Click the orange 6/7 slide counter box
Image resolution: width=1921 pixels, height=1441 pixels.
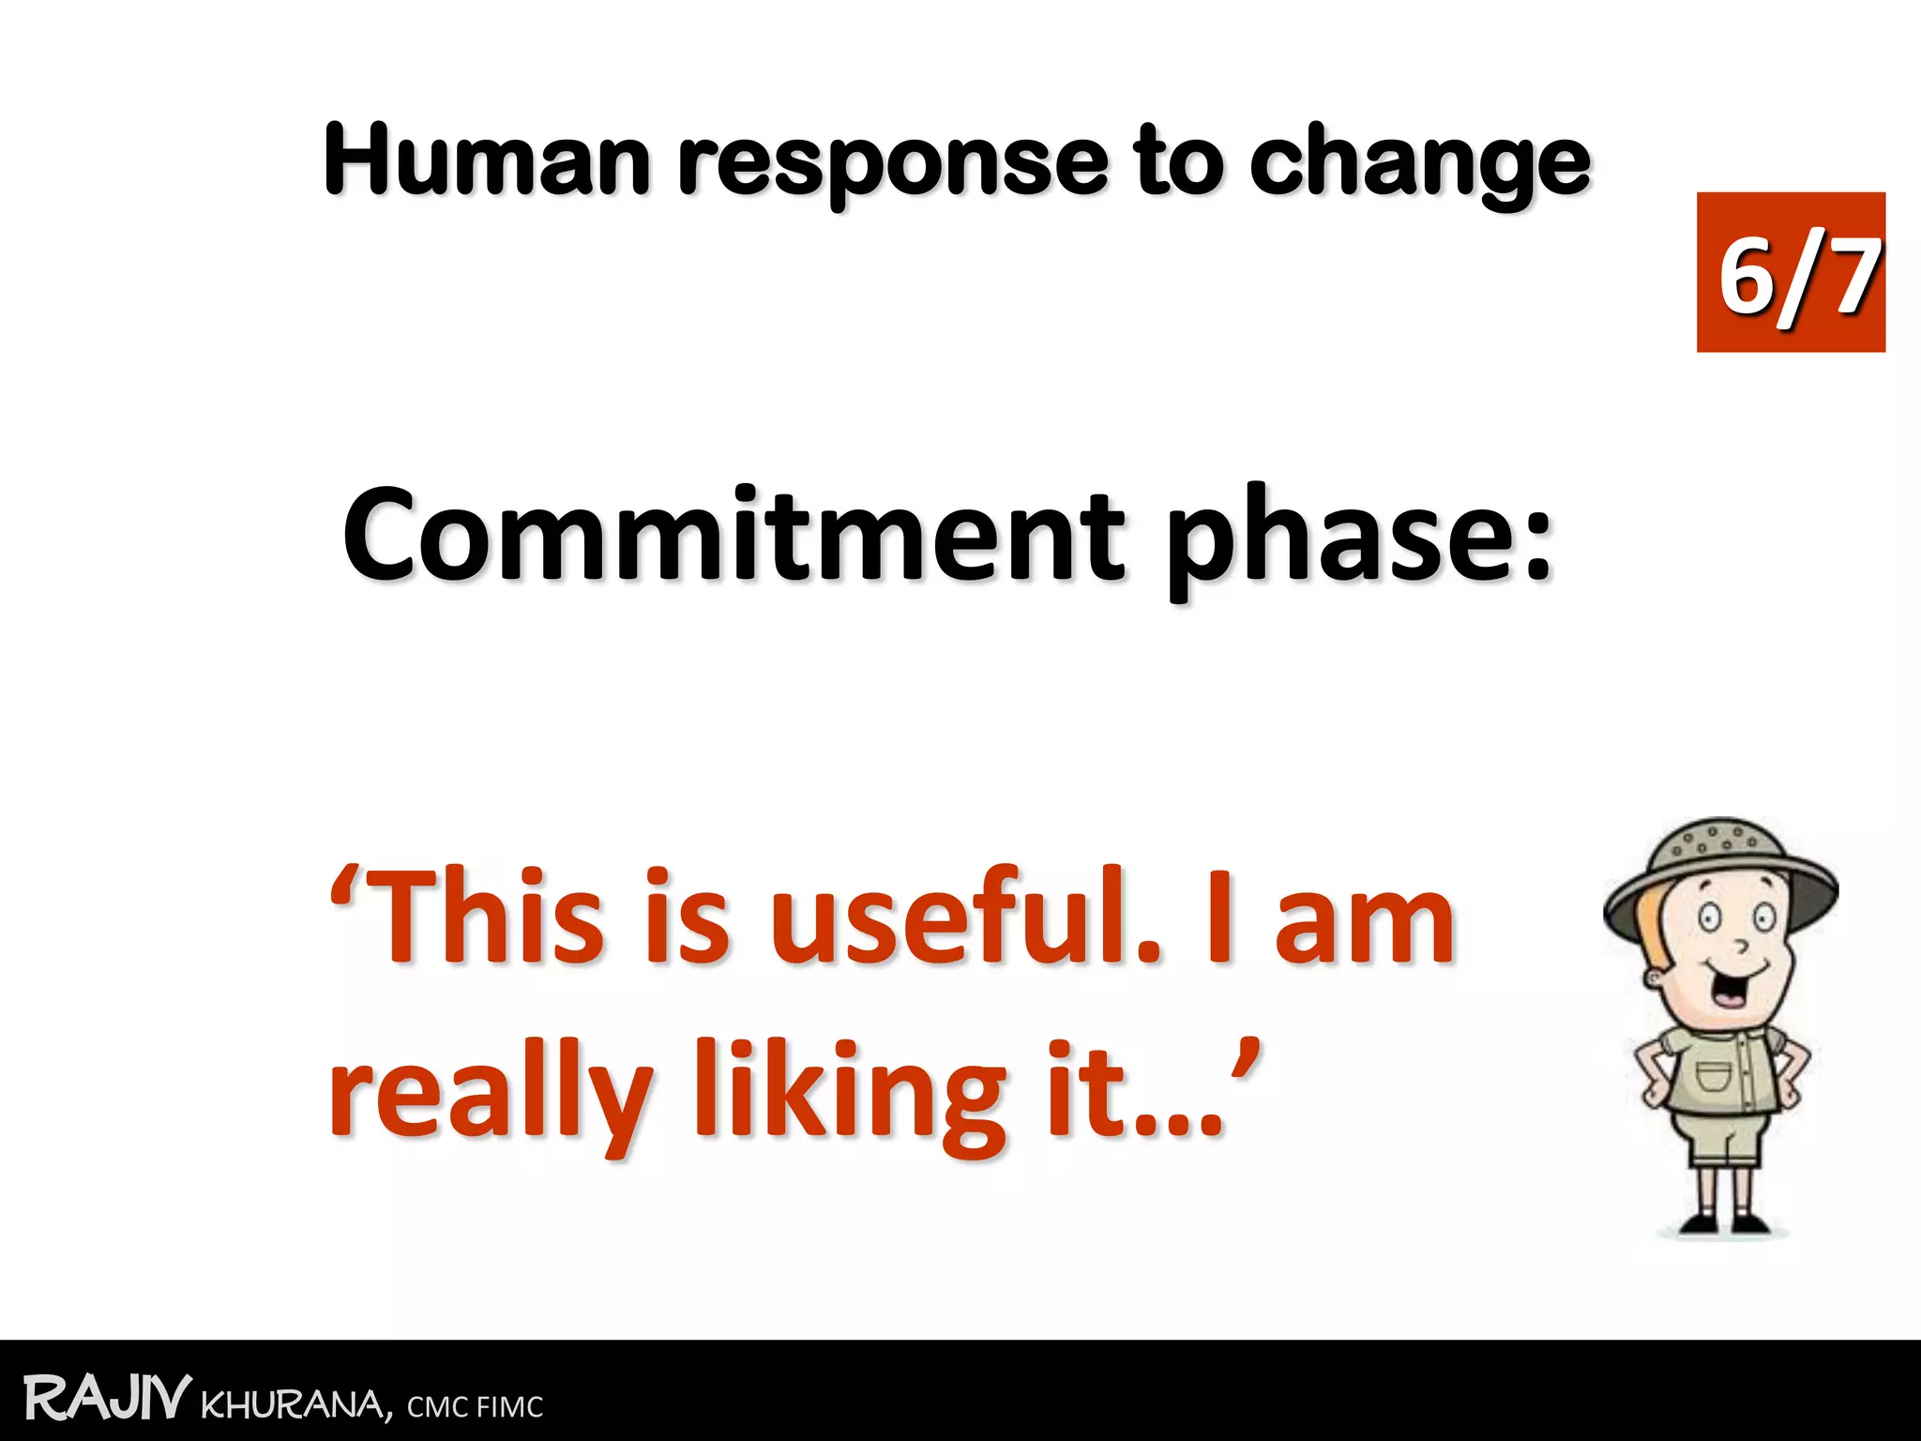[x=1790, y=272]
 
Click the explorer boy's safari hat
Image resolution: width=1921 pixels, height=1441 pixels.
[x=1720, y=868]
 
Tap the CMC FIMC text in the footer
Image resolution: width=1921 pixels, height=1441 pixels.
[x=475, y=1407]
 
